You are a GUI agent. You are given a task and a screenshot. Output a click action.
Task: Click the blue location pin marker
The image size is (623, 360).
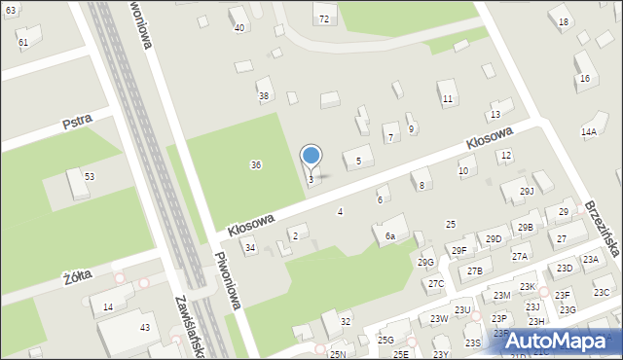[x=311, y=156]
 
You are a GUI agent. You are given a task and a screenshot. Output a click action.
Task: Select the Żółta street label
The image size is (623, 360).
[x=77, y=276]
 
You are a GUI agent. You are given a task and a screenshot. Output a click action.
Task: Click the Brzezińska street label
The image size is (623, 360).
[x=601, y=229]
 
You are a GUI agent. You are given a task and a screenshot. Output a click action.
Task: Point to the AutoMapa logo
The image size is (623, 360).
[x=563, y=341]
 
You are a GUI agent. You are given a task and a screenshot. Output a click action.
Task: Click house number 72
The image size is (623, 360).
[x=323, y=19]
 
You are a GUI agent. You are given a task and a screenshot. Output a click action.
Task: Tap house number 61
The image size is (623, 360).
[x=23, y=43]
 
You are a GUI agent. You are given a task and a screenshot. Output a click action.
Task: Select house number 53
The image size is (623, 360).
[x=89, y=176]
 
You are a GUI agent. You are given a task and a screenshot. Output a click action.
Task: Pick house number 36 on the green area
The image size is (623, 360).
[x=255, y=165]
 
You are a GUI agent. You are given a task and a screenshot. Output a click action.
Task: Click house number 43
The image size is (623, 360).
[x=144, y=328]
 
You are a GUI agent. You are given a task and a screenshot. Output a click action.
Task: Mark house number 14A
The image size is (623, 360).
[x=588, y=131]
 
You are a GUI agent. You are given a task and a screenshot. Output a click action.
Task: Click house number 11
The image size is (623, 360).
[x=447, y=99]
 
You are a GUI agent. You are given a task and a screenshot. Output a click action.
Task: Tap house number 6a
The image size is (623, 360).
[x=389, y=236]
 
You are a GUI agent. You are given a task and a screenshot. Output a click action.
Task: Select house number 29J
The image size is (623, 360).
[x=527, y=191]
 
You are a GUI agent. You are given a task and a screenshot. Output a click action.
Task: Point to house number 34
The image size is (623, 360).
[x=250, y=248]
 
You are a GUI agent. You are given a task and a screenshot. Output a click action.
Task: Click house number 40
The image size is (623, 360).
[x=238, y=27]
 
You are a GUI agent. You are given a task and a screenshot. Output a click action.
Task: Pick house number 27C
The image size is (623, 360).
[x=435, y=283]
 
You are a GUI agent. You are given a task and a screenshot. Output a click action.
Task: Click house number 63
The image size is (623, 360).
[x=10, y=9]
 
